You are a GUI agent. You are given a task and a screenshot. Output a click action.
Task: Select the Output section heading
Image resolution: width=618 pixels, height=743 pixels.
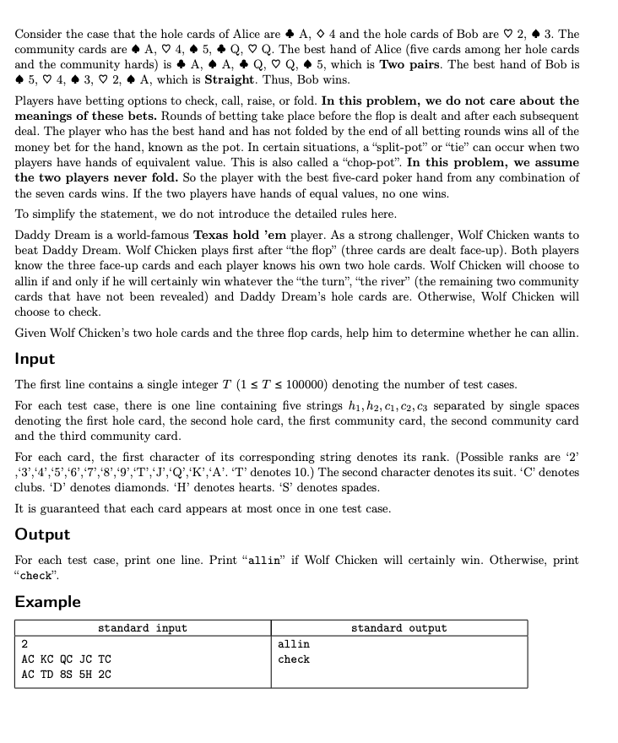[x=42, y=534]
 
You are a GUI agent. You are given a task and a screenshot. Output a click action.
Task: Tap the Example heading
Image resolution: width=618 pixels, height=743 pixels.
[x=48, y=602]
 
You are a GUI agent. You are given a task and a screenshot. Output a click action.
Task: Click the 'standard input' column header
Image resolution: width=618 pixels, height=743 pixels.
[x=143, y=628]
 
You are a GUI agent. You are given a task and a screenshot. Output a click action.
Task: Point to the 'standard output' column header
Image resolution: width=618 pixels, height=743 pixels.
[x=398, y=628]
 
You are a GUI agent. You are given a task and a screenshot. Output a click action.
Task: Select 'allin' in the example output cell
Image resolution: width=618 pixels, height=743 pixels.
[x=294, y=644]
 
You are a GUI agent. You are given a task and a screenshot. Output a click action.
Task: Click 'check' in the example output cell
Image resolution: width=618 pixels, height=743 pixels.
[x=294, y=659]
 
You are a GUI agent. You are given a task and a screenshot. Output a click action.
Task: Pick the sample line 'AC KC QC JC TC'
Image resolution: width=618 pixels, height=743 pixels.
[x=66, y=659]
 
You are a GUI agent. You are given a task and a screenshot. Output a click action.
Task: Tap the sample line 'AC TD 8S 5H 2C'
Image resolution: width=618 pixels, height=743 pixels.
[x=66, y=675]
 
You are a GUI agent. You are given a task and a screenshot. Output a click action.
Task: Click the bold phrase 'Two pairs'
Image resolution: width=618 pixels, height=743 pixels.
[x=407, y=64]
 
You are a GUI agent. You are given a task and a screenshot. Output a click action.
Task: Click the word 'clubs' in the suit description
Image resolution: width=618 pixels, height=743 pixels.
[x=33, y=488]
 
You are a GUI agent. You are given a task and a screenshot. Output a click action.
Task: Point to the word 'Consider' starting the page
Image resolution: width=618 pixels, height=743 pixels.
[x=40, y=34]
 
